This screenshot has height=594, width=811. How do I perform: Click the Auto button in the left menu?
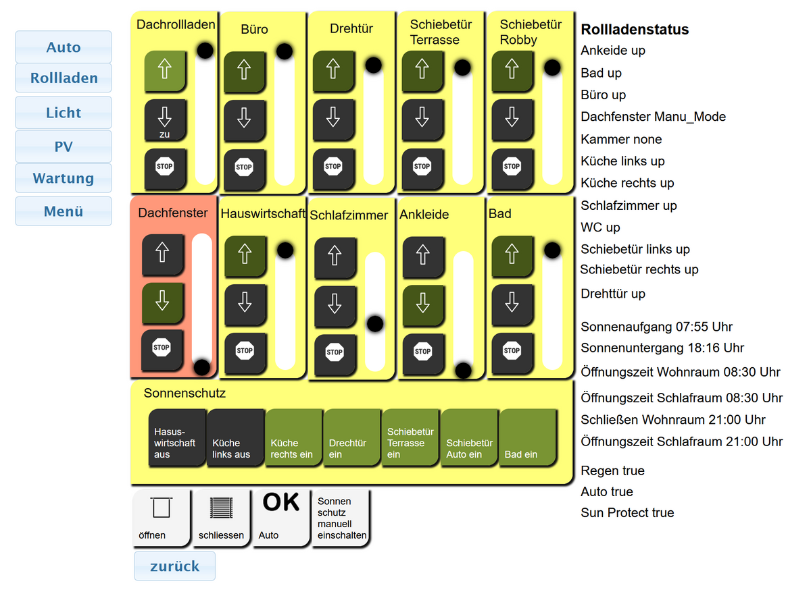coord(64,47)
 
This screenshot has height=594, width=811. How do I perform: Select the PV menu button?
coord(64,146)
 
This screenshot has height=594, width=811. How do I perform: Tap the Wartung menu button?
coord(64,179)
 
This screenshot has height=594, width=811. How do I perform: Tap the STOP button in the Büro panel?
coord(244,167)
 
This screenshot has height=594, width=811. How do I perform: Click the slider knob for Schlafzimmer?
coord(375,323)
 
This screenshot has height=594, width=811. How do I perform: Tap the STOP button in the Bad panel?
coord(512,350)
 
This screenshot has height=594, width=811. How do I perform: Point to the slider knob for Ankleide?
coord(463,370)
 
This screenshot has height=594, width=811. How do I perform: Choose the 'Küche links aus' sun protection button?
coord(235,438)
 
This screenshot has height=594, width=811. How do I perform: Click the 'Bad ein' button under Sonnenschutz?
coord(527,438)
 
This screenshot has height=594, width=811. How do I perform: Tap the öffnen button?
coord(161,517)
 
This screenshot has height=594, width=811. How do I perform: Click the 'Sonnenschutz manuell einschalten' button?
coord(341,517)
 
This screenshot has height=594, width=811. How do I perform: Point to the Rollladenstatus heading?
coord(635,30)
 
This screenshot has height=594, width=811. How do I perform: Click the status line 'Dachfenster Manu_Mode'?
coord(653,117)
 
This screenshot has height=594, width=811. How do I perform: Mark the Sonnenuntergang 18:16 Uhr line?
coord(662,348)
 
